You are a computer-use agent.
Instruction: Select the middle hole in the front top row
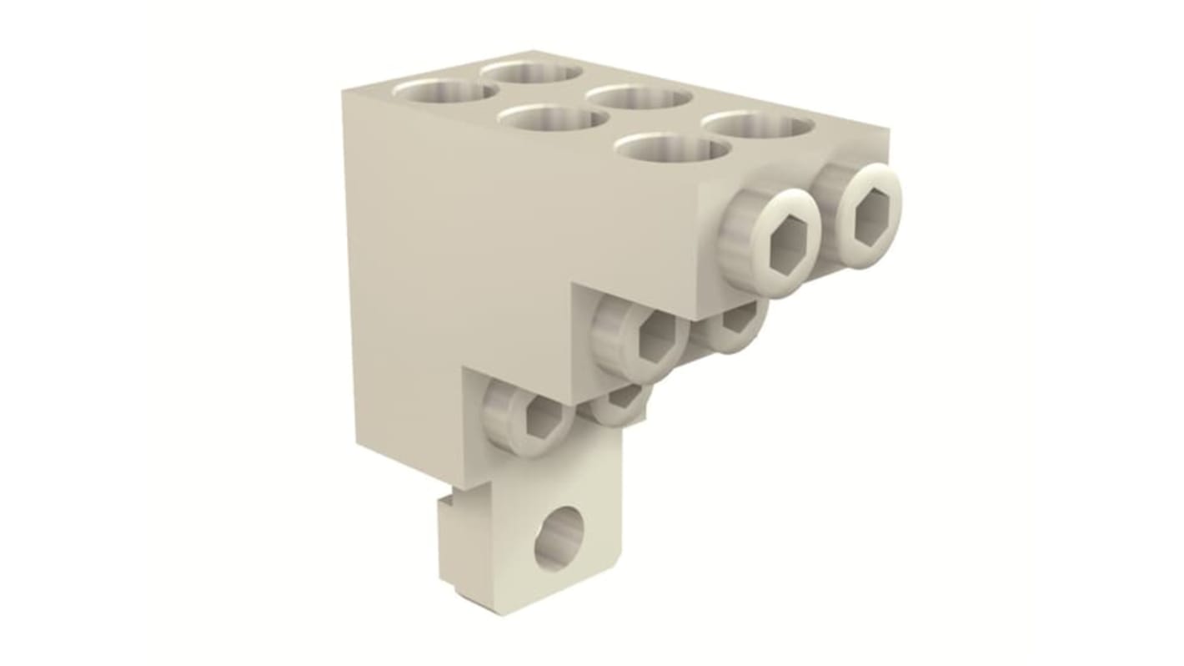[x=553, y=119]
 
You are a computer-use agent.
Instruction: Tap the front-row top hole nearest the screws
[x=672, y=149]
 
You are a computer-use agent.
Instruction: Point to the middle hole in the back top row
[x=640, y=97]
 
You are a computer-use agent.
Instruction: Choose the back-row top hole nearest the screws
[x=757, y=126]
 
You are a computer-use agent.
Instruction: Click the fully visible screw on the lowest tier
[x=531, y=415]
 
